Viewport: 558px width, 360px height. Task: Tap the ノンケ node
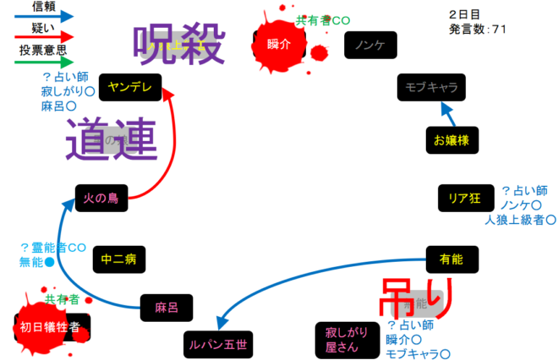pyautogui.click(x=370, y=45)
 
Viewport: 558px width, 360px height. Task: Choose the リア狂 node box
pyautogui.click(x=464, y=199)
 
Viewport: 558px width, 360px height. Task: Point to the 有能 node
pyautogui.click(x=451, y=259)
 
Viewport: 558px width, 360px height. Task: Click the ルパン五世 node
pyautogui.click(x=217, y=343)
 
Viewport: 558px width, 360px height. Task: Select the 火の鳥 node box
pyautogui.click(x=101, y=199)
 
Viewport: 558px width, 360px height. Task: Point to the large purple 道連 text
pyautogui.click(x=111, y=139)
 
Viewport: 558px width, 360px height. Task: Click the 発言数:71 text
pyautogui.click(x=479, y=29)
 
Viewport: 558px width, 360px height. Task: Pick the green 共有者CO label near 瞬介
pyautogui.click(x=323, y=19)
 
